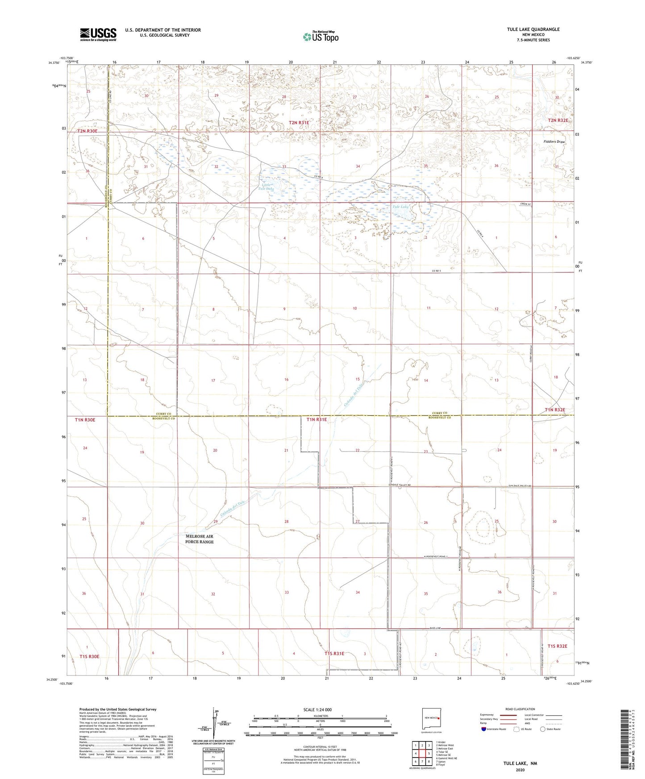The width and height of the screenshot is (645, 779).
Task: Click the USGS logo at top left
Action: tap(98, 34)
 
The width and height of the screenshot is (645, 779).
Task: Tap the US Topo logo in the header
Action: tap(320, 37)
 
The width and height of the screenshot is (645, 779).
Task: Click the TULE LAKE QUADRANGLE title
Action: tap(533, 29)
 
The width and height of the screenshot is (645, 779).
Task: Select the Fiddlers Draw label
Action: tap(554, 142)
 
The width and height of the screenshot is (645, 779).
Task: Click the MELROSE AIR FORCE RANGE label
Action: tap(200, 539)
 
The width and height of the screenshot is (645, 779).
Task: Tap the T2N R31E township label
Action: tap(299, 123)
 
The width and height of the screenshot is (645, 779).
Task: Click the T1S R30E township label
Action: tap(89, 656)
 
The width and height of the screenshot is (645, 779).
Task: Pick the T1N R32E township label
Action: tap(555, 410)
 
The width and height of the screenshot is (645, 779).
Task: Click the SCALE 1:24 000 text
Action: tap(317, 710)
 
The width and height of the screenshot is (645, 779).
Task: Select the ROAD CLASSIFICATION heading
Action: tap(520, 709)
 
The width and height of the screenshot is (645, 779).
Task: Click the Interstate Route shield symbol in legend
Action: tap(484, 729)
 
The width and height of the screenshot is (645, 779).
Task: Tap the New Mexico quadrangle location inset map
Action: tap(431, 719)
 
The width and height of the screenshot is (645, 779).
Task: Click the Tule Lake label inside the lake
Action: tap(400, 207)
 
